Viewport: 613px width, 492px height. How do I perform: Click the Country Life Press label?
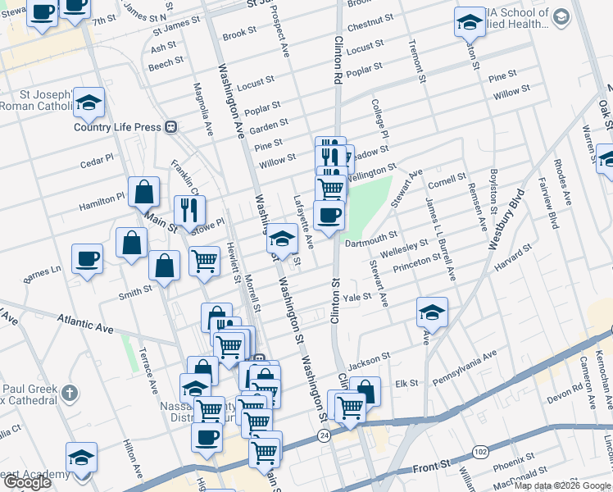(115, 126)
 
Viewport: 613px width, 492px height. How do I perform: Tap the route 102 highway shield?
(479, 452)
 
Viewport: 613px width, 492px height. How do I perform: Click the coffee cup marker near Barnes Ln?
(87, 259)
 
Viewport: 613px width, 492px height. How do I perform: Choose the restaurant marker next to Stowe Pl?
(189, 210)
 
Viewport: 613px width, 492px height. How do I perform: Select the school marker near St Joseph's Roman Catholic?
(89, 103)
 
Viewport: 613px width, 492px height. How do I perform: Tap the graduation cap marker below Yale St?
(432, 312)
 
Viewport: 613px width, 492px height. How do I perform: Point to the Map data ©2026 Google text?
(561, 485)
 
